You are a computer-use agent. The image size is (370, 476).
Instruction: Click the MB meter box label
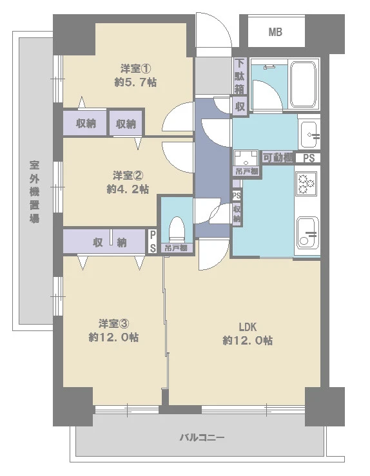coord(275,32)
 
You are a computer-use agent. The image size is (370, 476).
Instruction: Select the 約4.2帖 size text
coord(128,189)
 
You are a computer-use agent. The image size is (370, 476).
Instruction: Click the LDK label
coord(248,327)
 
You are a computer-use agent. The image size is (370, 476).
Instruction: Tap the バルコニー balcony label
coord(202,437)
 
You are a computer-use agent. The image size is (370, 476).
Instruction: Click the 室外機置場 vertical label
coord(34,192)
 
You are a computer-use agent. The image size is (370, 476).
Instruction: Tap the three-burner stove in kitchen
coord(306,183)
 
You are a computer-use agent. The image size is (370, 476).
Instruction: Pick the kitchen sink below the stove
coord(308,232)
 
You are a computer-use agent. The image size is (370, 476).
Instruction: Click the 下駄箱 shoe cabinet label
coord(240,76)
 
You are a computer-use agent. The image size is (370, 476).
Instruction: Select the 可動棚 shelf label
coord(277,158)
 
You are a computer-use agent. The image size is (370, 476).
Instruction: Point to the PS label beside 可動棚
coord(309,158)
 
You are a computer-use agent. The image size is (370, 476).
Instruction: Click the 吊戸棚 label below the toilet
coord(176,248)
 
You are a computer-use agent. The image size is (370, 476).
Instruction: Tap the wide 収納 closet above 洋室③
coord(104,242)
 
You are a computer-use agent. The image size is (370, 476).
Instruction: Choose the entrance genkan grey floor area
coord(213,75)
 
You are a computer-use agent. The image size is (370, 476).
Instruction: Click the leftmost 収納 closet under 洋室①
coord(86,123)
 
